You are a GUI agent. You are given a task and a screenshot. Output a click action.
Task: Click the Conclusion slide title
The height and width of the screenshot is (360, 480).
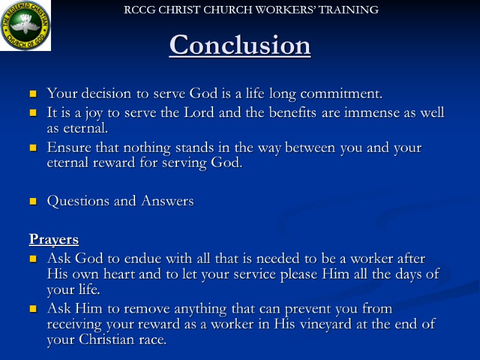coord(240,46)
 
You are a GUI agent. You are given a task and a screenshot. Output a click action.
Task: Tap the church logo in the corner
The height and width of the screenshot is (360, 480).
coord(25,25)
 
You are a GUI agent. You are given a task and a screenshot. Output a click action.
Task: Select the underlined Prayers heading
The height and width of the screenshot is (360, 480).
coord(54,239)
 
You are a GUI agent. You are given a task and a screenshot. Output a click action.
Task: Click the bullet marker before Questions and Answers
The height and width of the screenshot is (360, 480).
coord(34,202)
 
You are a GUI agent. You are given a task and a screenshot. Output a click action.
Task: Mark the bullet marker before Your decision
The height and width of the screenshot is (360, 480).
coord(34,95)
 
